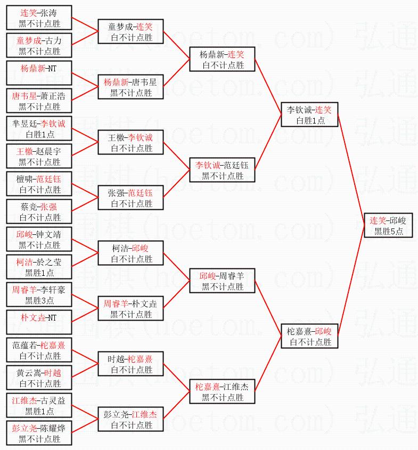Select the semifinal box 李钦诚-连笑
(309, 115)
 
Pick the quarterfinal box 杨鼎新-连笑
(223, 60)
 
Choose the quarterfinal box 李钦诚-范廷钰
(223, 170)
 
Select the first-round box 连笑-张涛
(39, 18)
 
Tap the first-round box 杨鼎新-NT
(39, 73)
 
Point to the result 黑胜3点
(39, 301)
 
